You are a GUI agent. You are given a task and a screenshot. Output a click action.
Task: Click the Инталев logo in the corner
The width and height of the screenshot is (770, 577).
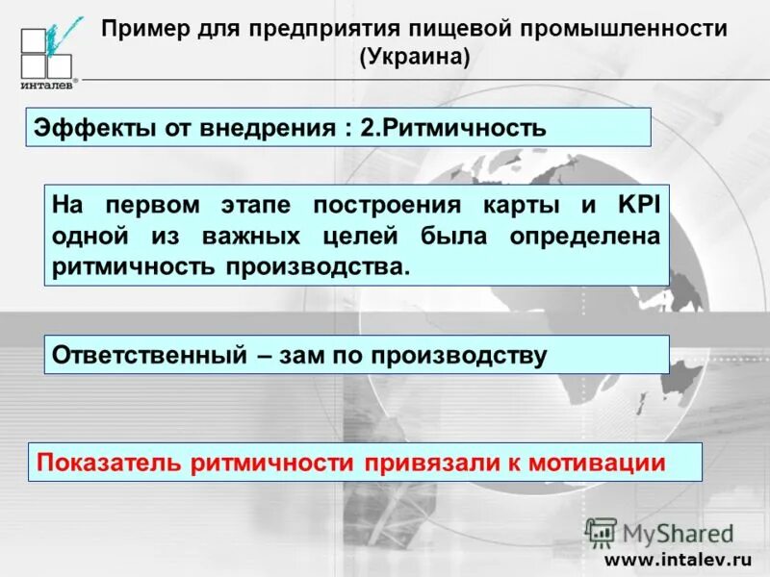click(46, 53)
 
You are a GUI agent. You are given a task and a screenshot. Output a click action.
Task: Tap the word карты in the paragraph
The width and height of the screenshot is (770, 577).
click(530, 205)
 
